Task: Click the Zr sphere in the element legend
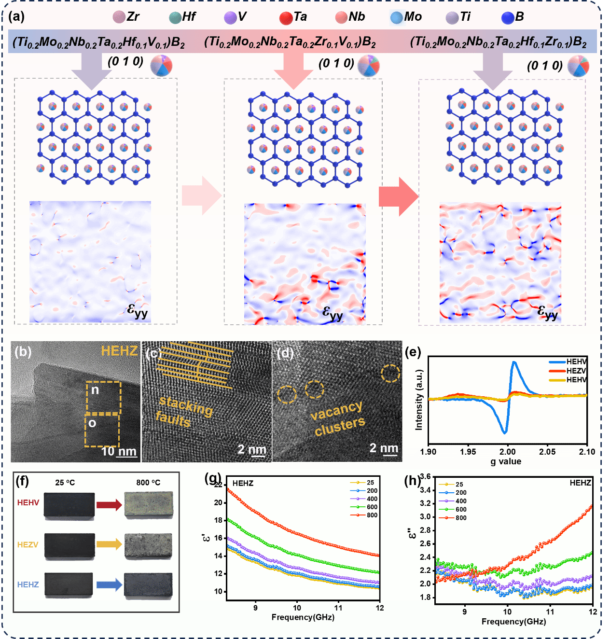click(x=119, y=17)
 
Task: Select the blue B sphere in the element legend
click(x=508, y=17)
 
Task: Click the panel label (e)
click(x=413, y=352)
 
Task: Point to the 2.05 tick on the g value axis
click(x=547, y=452)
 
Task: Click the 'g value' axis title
click(x=506, y=461)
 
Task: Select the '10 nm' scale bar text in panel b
click(x=119, y=451)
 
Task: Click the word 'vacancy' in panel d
click(x=336, y=411)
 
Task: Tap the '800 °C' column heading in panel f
click(x=148, y=482)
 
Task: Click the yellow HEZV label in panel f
click(x=28, y=544)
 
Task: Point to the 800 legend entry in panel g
click(x=364, y=515)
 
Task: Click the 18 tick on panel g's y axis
click(x=219, y=520)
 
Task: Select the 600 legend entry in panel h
click(x=453, y=509)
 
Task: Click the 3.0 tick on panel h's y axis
click(x=425, y=517)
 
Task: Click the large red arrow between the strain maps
click(x=399, y=197)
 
